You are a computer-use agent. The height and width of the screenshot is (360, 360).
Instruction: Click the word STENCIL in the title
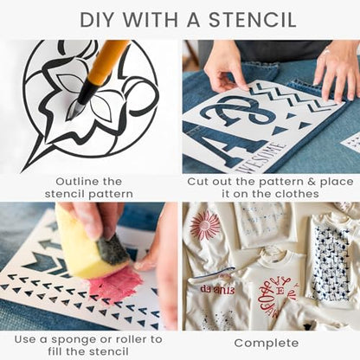tap(252, 20)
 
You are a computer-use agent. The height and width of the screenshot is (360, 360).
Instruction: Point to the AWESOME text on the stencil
tap(260, 158)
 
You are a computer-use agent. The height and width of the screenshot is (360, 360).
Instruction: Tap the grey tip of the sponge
tap(113, 249)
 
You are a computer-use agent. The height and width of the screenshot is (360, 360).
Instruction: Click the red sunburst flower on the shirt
tap(205, 225)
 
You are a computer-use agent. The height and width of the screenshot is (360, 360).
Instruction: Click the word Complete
tap(267, 344)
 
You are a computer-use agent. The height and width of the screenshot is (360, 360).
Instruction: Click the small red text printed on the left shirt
tap(217, 289)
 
